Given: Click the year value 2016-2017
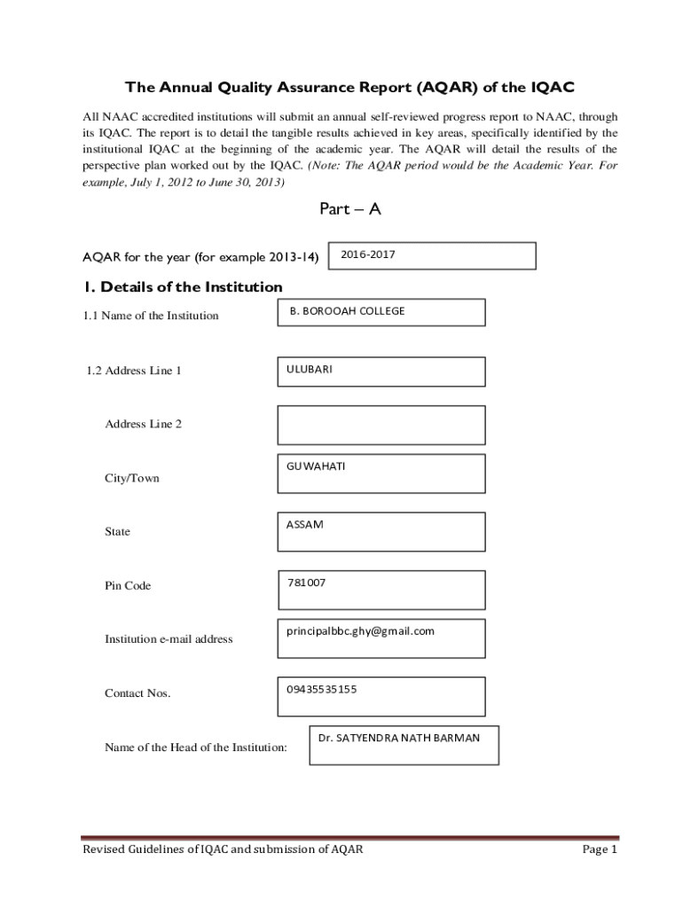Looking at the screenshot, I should click(368, 254).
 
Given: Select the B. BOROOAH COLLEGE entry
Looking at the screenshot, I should click(347, 311).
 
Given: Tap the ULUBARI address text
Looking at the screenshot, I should click(310, 369).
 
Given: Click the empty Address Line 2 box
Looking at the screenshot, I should click(381, 425).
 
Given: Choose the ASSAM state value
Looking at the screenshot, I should click(305, 524).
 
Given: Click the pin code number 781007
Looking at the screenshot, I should click(307, 583).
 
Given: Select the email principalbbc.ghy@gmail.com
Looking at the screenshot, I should click(360, 631).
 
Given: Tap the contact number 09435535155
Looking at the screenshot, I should click(321, 688).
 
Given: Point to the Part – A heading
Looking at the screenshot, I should click(349, 210).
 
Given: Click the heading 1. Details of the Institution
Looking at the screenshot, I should click(183, 287).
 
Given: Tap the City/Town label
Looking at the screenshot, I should click(132, 478).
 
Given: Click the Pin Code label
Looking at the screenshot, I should click(128, 586).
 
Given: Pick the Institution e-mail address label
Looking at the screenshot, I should click(169, 638).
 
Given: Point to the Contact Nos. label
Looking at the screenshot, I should click(137, 693).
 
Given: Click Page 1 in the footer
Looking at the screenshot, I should click(599, 849).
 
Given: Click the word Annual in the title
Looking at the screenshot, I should click(187, 87).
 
